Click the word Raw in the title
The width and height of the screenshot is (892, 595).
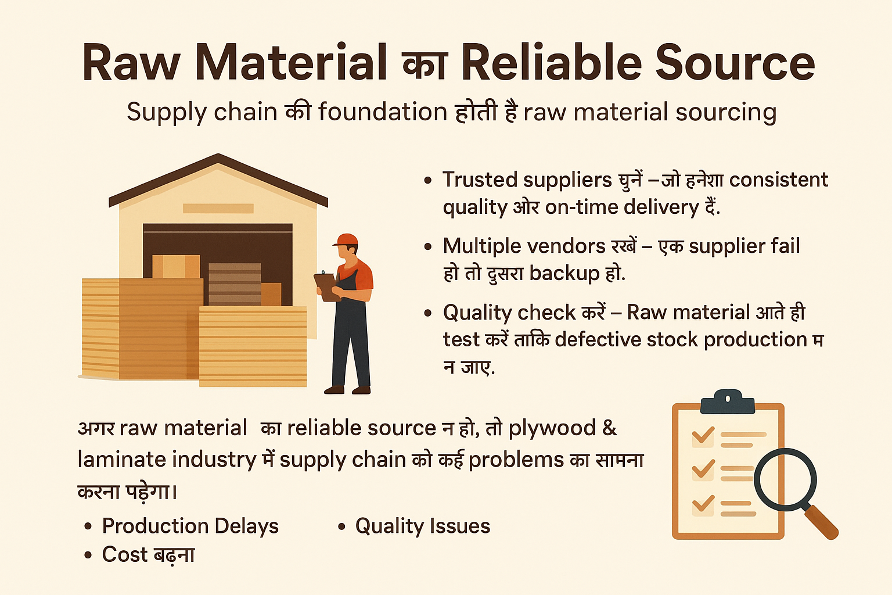(x=131, y=63)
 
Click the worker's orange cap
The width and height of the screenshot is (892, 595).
(x=347, y=240)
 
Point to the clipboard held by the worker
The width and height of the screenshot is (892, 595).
(x=327, y=286)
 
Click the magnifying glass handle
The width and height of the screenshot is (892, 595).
(x=822, y=522)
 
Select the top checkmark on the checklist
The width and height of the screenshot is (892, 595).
(x=703, y=435)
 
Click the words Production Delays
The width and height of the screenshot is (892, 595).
(x=190, y=526)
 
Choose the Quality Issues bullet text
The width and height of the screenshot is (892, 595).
(x=422, y=526)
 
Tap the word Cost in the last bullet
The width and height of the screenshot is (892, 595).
(x=125, y=554)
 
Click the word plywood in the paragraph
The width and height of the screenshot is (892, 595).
(x=552, y=428)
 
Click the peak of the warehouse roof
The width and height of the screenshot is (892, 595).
(x=218, y=157)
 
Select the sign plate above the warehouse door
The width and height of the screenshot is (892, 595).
(x=218, y=208)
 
